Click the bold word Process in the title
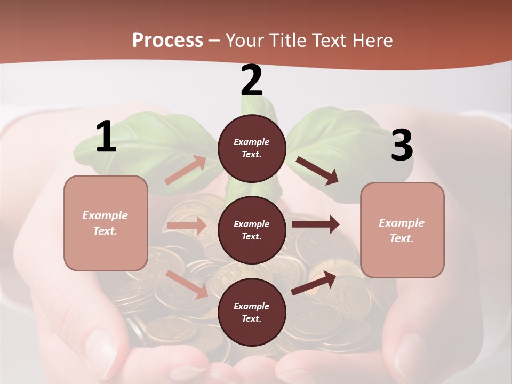[167, 41]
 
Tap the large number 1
[106, 137]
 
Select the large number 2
[252, 81]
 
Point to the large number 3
[402, 146]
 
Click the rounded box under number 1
[106, 223]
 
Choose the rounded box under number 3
[402, 230]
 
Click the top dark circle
[252, 148]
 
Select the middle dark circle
[252, 230]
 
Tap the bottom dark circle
[252, 312]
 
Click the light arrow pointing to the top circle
[186, 170]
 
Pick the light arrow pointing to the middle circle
[187, 226]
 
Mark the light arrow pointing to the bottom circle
[187, 284]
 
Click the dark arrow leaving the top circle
[317, 171]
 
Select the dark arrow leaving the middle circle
[316, 225]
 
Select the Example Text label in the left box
[106, 223]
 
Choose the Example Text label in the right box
[402, 230]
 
